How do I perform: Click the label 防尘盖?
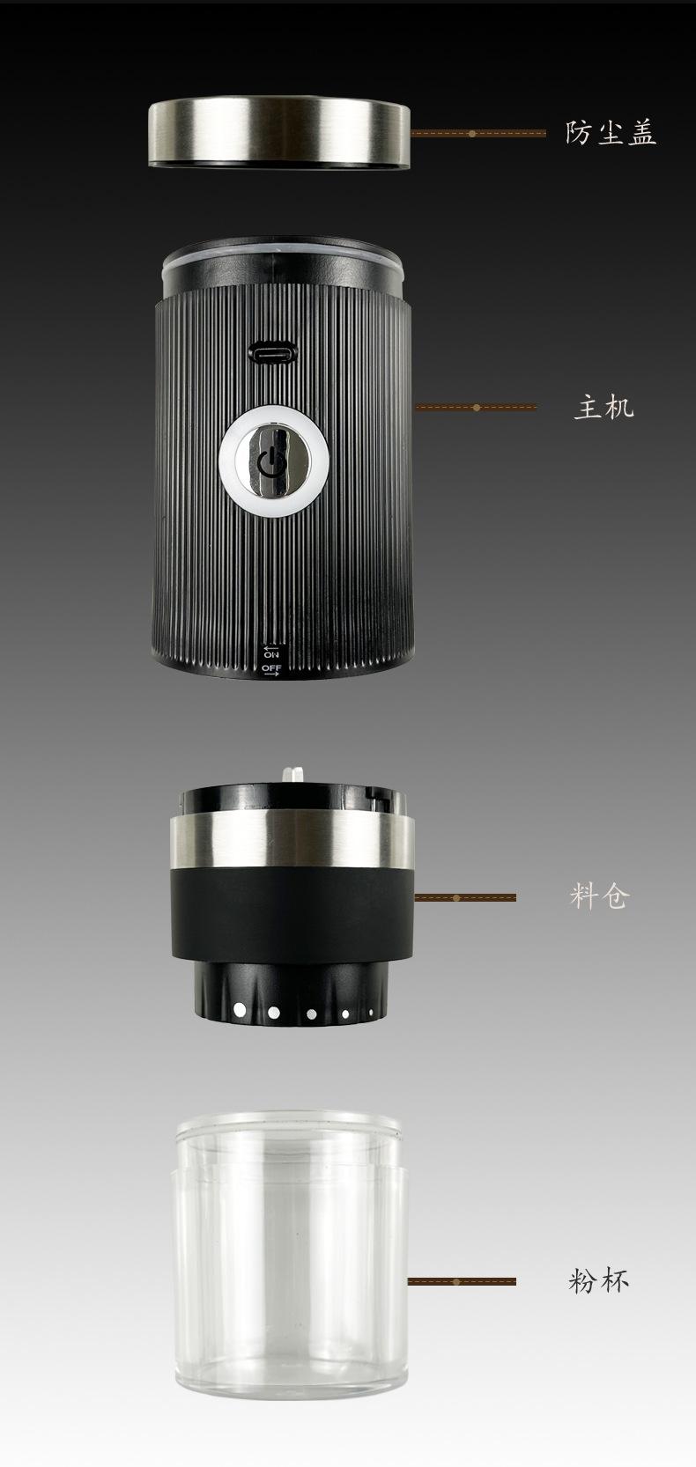click(x=611, y=132)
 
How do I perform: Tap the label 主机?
click(x=603, y=408)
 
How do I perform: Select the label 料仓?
click(x=600, y=896)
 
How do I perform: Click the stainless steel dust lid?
click(x=279, y=133)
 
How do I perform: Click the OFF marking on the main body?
click(x=271, y=668)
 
